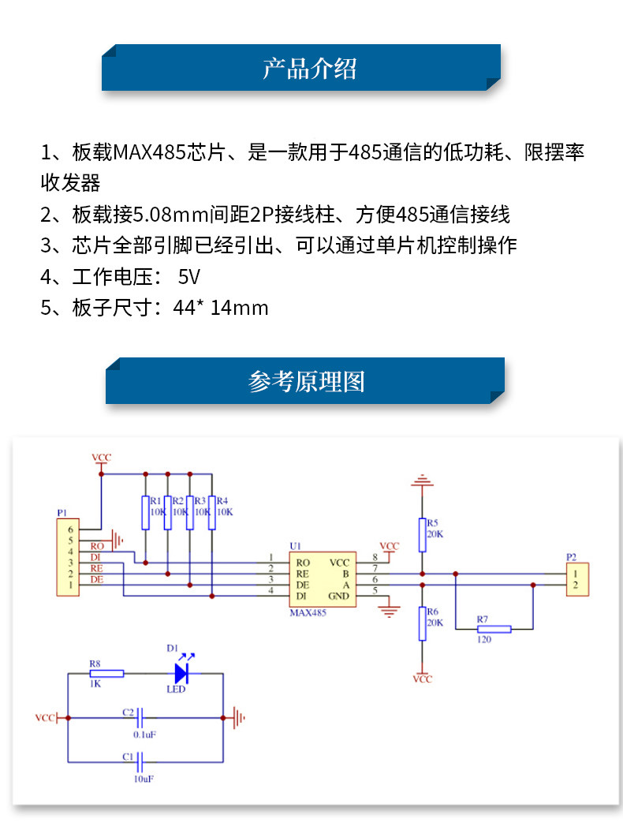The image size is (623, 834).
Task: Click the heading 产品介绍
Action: click(x=309, y=69)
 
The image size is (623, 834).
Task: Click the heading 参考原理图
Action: click(x=307, y=382)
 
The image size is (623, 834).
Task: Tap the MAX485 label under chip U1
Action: click(x=308, y=612)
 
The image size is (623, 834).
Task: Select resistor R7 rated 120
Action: click(x=494, y=629)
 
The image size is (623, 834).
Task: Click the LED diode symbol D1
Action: click(x=182, y=673)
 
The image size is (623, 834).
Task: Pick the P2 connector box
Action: click(x=578, y=579)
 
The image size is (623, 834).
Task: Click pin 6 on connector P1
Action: click(x=70, y=529)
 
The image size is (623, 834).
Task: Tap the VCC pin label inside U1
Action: click(x=339, y=563)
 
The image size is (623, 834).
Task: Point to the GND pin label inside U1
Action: click(x=338, y=596)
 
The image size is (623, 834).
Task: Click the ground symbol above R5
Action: click(x=422, y=479)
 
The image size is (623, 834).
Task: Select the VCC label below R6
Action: click(x=423, y=679)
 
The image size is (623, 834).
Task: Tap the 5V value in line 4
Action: click(x=189, y=277)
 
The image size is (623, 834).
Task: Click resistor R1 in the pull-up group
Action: click(x=145, y=512)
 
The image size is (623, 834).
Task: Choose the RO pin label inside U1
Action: click(x=302, y=563)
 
